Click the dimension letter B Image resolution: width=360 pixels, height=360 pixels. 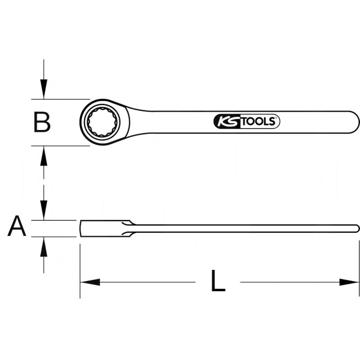42,122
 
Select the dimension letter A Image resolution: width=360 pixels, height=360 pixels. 17,226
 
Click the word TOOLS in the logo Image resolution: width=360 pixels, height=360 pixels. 261,121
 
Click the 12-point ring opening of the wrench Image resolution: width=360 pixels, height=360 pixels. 104,121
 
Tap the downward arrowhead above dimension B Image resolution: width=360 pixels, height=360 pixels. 43,88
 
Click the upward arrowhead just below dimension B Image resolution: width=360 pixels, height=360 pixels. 43,157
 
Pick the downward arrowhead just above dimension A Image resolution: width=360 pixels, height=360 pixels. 43,209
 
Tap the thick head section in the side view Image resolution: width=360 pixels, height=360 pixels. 101,228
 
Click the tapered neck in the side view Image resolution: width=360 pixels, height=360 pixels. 130,228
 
